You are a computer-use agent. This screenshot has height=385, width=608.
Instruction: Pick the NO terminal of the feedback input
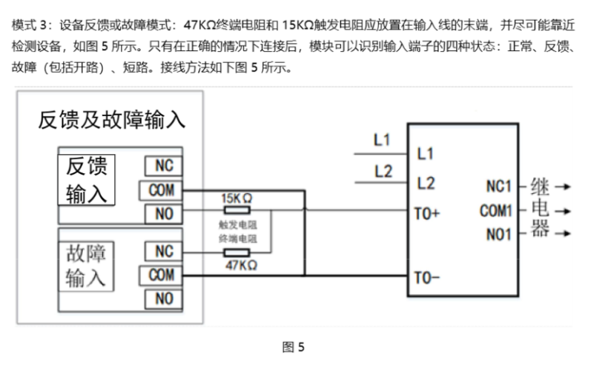163,214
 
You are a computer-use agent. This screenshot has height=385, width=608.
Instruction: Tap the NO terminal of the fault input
163,299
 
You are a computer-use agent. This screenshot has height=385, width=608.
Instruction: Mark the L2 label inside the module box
425,182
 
